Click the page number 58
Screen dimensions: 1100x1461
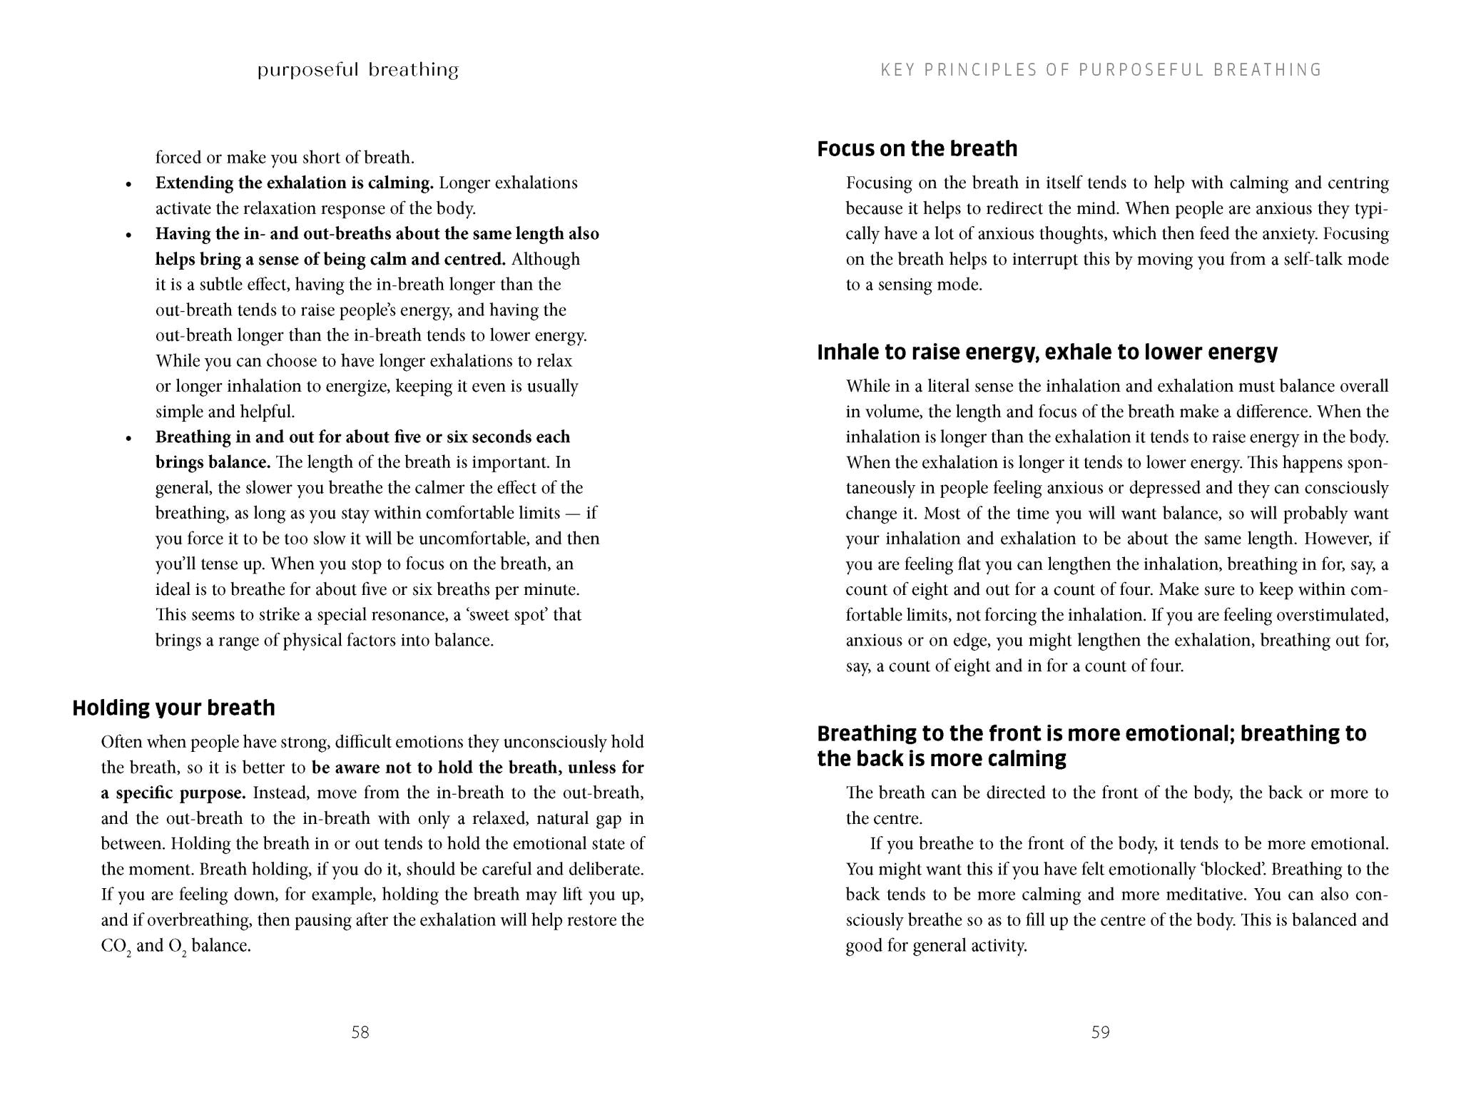(360, 1032)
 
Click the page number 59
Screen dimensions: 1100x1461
(1100, 1032)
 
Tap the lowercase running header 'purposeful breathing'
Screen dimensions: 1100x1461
(357, 70)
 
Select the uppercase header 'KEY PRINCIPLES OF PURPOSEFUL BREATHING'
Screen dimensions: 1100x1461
(1101, 70)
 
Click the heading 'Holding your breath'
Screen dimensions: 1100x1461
(173, 708)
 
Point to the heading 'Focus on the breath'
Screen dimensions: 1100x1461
(917, 148)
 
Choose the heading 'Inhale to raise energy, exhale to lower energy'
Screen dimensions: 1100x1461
(1047, 352)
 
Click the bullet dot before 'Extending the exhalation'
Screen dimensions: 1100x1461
(129, 185)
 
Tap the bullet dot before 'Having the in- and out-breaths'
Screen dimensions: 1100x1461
(129, 235)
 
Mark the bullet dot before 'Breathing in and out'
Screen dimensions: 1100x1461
(129, 439)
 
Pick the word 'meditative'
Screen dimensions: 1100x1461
(1206, 895)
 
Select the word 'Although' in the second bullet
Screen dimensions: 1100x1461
(546, 259)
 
